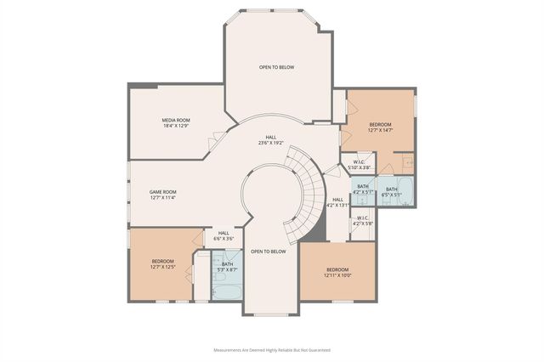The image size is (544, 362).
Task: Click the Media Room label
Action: tap(176, 123)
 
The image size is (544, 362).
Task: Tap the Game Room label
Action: tap(162, 195)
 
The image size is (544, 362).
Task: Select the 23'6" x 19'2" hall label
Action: tap(270, 140)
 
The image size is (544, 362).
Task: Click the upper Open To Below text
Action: tap(276, 66)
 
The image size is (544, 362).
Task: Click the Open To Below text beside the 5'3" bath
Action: tap(268, 252)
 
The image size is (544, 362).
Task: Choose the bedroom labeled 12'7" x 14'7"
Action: tap(380, 127)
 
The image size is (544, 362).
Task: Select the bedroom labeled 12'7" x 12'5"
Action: tap(163, 263)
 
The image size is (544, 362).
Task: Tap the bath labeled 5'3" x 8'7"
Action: tap(227, 267)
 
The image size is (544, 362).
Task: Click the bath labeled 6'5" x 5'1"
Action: tap(391, 191)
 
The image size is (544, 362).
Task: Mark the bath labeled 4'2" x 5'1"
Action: tap(363, 189)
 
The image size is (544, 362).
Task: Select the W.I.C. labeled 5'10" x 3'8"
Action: tap(359, 165)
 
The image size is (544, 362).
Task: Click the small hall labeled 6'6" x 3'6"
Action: tap(224, 235)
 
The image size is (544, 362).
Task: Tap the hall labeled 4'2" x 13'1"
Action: tap(337, 202)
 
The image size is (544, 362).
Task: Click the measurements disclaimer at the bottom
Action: tap(272, 348)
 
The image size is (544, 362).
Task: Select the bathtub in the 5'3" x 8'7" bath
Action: tap(227, 292)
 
